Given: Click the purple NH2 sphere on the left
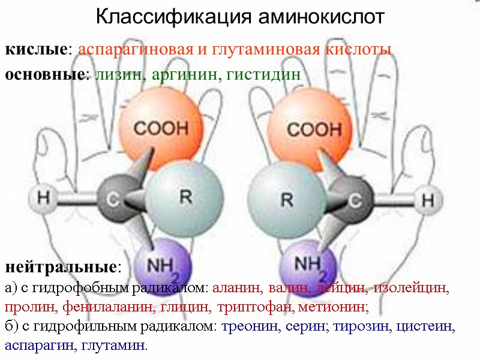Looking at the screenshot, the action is (161, 264).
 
